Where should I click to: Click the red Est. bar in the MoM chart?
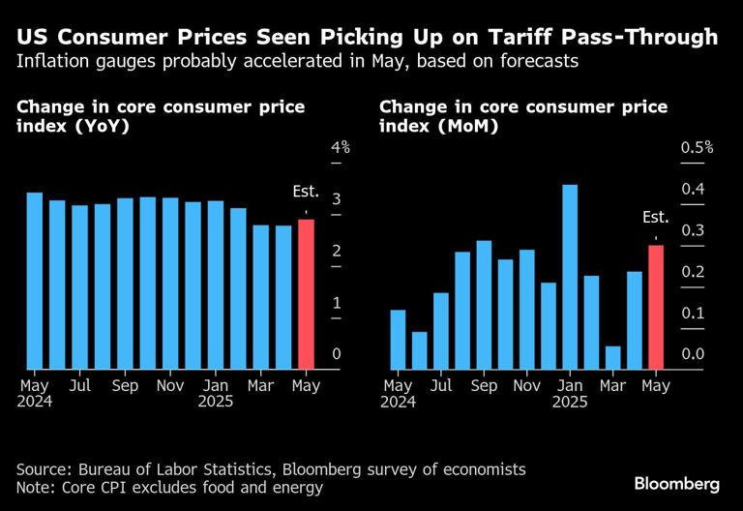(x=656, y=307)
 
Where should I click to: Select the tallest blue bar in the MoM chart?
(x=570, y=277)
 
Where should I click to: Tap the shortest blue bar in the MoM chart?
(x=612, y=357)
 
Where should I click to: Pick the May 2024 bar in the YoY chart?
(x=34, y=281)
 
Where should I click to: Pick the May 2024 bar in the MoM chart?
(x=398, y=339)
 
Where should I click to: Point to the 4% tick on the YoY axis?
(x=341, y=147)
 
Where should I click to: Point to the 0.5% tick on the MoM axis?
(x=695, y=147)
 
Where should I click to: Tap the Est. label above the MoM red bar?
(x=656, y=219)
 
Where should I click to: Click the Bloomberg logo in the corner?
(x=676, y=482)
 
